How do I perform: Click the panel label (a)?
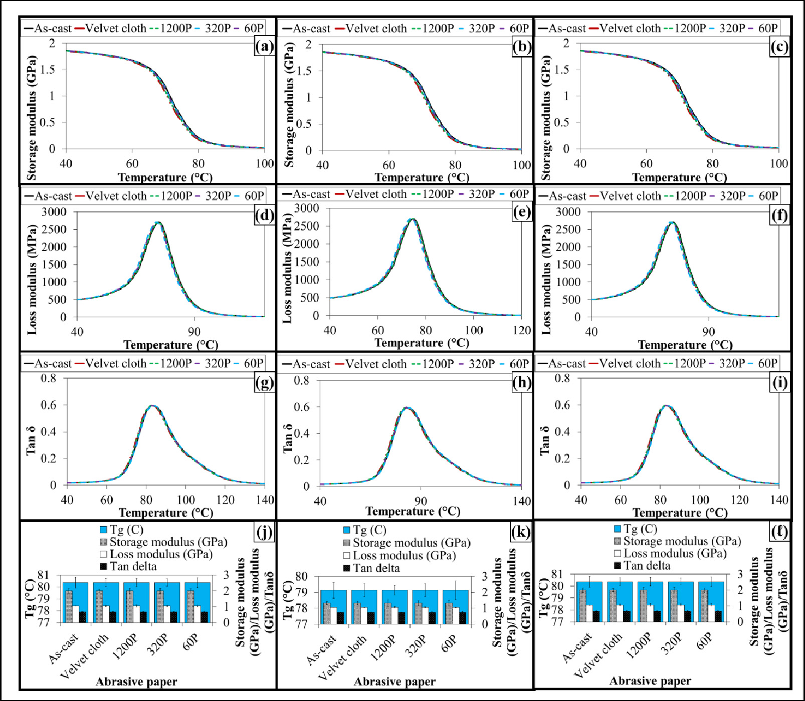(x=264, y=47)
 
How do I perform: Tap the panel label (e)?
(x=522, y=212)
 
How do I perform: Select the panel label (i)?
(x=779, y=383)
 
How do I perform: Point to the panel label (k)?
(x=521, y=532)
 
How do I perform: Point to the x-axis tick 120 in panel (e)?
(x=521, y=330)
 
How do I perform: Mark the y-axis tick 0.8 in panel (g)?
(x=49, y=378)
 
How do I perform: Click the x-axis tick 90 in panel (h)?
(x=421, y=501)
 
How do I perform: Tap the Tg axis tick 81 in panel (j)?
(x=44, y=575)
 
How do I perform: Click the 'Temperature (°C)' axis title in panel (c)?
(x=679, y=177)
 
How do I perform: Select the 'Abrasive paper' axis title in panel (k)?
(x=394, y=681)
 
